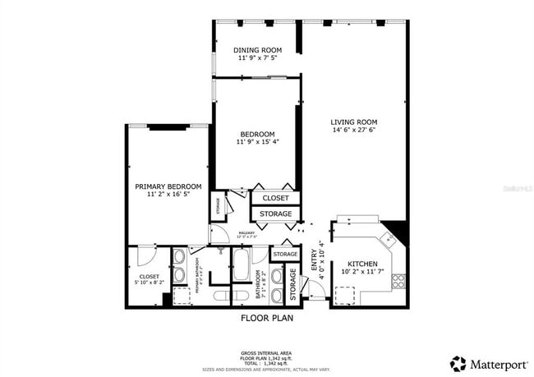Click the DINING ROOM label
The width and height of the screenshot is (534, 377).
coord(257,49)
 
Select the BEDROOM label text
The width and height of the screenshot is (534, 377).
coord(257,134)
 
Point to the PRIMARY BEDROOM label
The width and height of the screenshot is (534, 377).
coord(168,186)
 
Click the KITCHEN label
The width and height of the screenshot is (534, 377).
coord(361,264)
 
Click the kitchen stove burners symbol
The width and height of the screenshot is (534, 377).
coord(398,281)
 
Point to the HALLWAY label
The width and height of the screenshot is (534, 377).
coord(246,233)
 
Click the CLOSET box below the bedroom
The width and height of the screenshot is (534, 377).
coord(275,199)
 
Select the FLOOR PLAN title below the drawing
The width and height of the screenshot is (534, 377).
coord(266,317)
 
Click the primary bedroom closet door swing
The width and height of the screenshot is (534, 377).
coord(146,255)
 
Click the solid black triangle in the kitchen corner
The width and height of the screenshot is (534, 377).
coord(398,229)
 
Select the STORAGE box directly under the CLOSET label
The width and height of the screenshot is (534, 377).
coord(275,214)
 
